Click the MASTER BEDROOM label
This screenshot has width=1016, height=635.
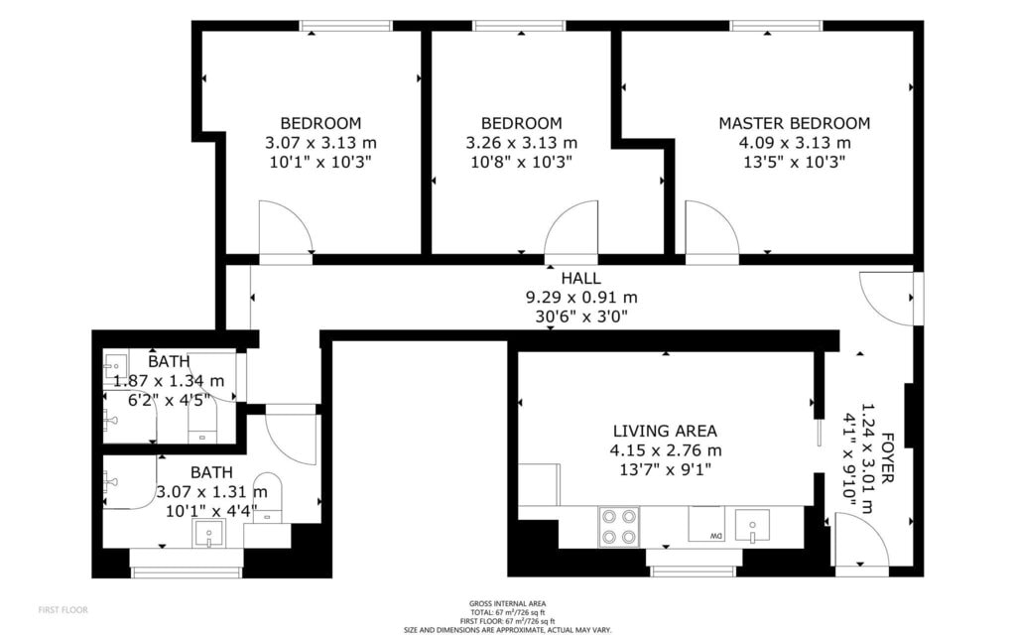pyautogui.click(x=795, y=123)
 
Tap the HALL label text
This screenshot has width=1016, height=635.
pyautogui.click(x=580, y=279)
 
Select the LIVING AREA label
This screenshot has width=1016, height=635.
pyautogui.click(x=665, y=431)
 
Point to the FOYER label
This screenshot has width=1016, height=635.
pyautogui.click(x=887, y=457)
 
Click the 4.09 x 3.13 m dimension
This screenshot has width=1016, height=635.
pyautogui.click(x=795, y=143)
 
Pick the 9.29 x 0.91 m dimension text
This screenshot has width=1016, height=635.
pyautogui.click(x=581, y=298)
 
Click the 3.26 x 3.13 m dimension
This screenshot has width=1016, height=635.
pyautogui.click(x=522, y=143)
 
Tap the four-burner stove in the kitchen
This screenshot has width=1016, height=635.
pyautogui.click(x=619, y=527)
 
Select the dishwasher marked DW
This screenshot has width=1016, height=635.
pyautogui.click(x=706, y=524)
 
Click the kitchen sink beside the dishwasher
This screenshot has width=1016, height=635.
pyautogui.click(x=752, y=525)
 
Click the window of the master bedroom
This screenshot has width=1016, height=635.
pyautogui.click(x=776, y=26)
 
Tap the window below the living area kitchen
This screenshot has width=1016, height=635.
pyautogui.click(x=694, y=571)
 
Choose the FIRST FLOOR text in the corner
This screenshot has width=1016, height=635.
pyautogui.click(x=63, y=610)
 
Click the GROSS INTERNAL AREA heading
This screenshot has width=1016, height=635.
pyautogui.click(x=507, y=604)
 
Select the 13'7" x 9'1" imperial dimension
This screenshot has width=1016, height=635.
pyautogui.click(x=666, y=469)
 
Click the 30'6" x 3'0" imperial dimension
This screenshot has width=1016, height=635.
pyautogui.click(x=581, y=317)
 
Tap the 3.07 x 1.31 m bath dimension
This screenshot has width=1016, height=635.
pyautogui.click(x=212, y=492)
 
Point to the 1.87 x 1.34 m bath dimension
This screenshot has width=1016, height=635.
pyautogui.click(x=169, y=381)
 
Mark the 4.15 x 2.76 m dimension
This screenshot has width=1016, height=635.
pyautogui.click(x=666, y=450)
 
